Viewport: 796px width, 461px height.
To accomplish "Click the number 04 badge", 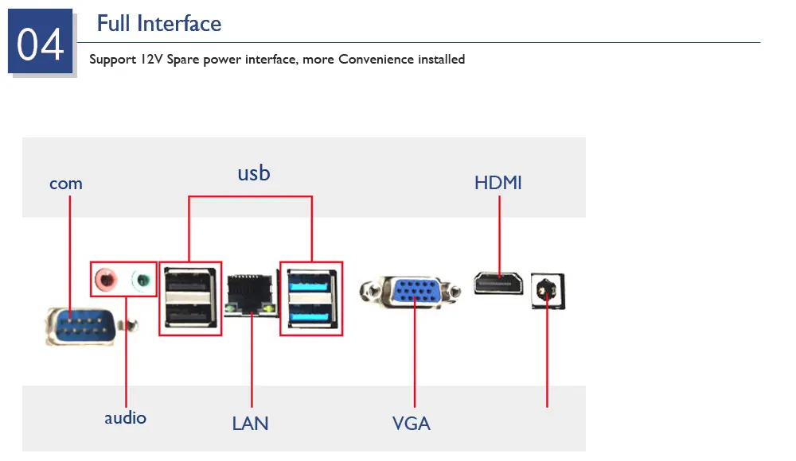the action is (x=40, y=41).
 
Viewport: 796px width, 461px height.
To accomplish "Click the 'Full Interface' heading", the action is (x=159, y=24).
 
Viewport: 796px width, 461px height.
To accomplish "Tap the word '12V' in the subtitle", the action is (x=151, y=60).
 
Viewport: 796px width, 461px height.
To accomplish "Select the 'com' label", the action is (x=66, y=184).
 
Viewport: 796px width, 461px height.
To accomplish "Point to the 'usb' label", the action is (x=254, y=173).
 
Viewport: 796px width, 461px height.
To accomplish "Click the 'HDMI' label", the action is (x=498, y=183).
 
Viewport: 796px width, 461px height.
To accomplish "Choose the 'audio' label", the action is (x=126, y=418).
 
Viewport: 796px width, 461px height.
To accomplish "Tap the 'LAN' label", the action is (x=250, y=424).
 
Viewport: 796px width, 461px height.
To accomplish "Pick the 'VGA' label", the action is (x=412, y=424).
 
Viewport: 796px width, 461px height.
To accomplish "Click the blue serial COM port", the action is (x=84, y=326).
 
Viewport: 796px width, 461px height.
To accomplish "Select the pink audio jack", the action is (x=106, y=279).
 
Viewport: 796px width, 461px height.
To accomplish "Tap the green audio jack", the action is (x=142, y=280).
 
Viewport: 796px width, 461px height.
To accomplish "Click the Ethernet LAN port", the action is (x=252, y=295).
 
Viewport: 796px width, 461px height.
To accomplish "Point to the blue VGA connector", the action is (x=416, y=292).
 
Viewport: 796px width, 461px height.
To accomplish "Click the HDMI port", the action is (x=498, y=284).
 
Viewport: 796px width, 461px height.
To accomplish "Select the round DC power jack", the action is (x=547, y=291).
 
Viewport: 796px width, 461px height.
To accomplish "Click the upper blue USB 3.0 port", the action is (x=310, y=282).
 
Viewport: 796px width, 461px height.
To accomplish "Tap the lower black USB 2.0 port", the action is (x=189, y=316).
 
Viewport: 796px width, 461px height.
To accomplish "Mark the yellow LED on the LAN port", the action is (x=268, y=308).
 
